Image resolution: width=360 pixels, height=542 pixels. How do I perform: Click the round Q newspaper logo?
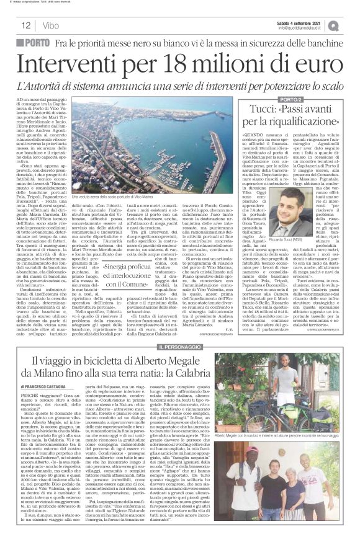pyautogui.click(x=351, y=25)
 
